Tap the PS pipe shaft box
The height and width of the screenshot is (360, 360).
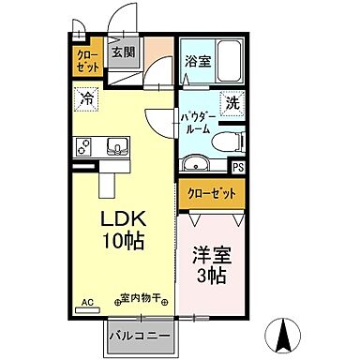tap(238, 168)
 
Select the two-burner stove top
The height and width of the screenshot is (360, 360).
tap(84, 147)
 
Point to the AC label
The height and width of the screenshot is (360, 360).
tap(88, 302)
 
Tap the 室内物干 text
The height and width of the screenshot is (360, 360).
tap(141, 300)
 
